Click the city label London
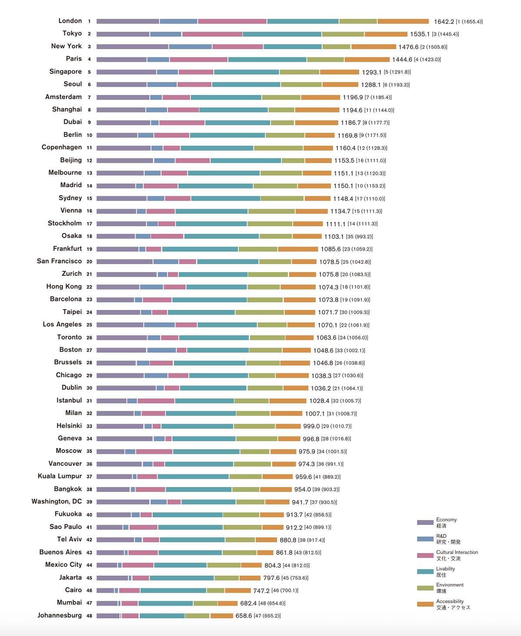[x=70, y=21]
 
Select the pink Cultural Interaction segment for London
[x=232, y=21]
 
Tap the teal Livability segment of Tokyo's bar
[x=282, y=34]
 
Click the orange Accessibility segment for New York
[x=373, y=46]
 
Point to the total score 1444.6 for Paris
[x=402, y=59]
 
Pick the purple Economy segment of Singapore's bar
[x=126, y=72]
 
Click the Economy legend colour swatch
[x=425, y=522]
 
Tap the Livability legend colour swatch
[x=425, y=571]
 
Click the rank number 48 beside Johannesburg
[x=89, y=616]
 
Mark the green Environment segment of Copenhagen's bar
[x=278, y=148]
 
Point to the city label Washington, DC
[x=56, y=501]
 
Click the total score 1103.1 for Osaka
[x=333, y=237]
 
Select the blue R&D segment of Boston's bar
[x=161, y=350]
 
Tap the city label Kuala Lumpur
[x=59, y=476]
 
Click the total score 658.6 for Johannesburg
[x=244, y=616]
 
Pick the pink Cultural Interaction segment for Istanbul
[x=156, y=401]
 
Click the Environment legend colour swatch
[x=425, y=588]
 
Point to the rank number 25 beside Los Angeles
[x=89, y=325]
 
